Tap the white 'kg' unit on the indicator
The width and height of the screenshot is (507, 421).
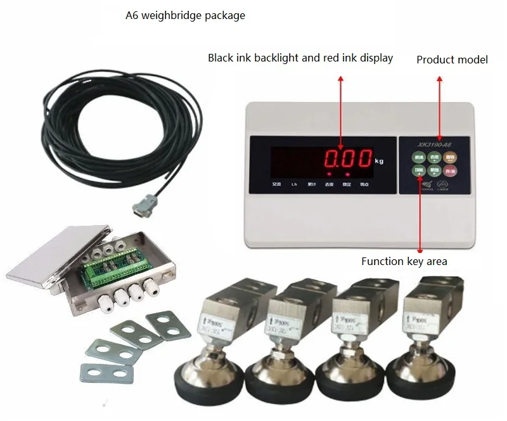pos(380,162)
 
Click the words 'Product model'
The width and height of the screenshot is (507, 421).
pos(452,60)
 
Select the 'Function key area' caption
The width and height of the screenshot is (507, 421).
pos(404,261)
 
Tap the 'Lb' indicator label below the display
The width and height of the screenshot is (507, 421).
pos(293,185)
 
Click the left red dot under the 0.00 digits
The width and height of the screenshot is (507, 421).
pos(330,173)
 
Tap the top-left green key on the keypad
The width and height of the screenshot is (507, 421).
pos(418,157)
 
